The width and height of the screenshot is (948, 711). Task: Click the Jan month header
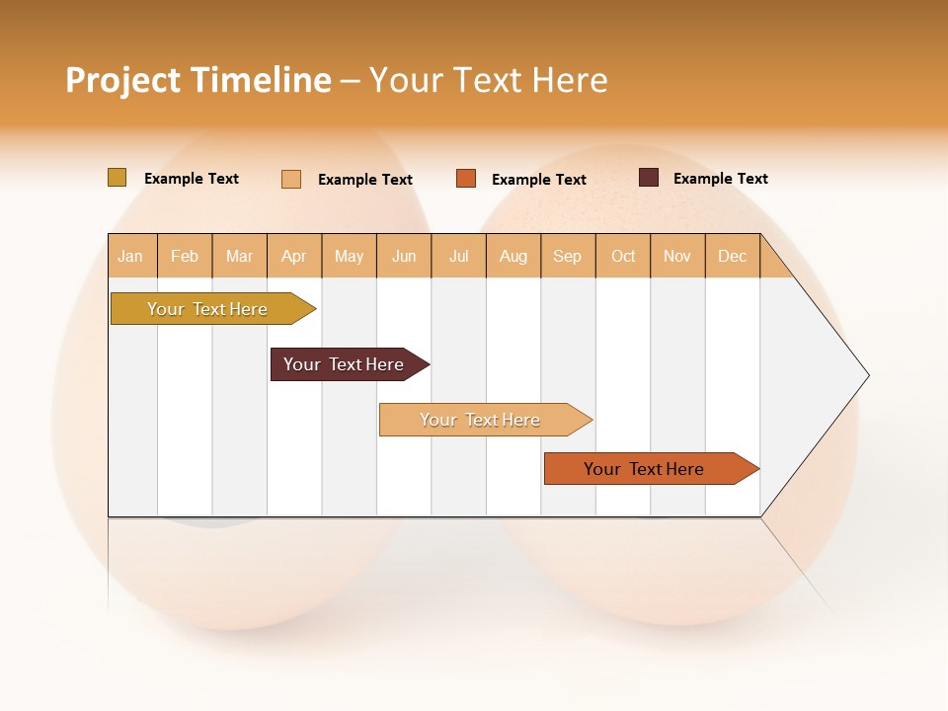(130, 256)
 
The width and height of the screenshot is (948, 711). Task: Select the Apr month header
(294, 256)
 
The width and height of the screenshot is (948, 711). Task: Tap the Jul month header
(458, 256)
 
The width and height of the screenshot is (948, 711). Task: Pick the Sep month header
(567, 256)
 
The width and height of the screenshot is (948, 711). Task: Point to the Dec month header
(732, 256)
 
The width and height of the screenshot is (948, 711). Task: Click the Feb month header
(185, 256)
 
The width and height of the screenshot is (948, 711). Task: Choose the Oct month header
(623, 256)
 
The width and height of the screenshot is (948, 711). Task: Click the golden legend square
(118, 178)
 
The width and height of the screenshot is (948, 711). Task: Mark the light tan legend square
(291, 179)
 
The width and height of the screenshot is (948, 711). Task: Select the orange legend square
(466, 179)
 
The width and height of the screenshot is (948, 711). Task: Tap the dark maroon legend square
(649, 178)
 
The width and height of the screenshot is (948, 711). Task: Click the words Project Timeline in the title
(198, 80)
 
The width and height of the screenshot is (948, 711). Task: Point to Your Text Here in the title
(488, 80)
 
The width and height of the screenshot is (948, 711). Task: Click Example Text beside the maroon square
(720, 179)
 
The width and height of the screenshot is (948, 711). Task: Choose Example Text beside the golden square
(192, 179)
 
